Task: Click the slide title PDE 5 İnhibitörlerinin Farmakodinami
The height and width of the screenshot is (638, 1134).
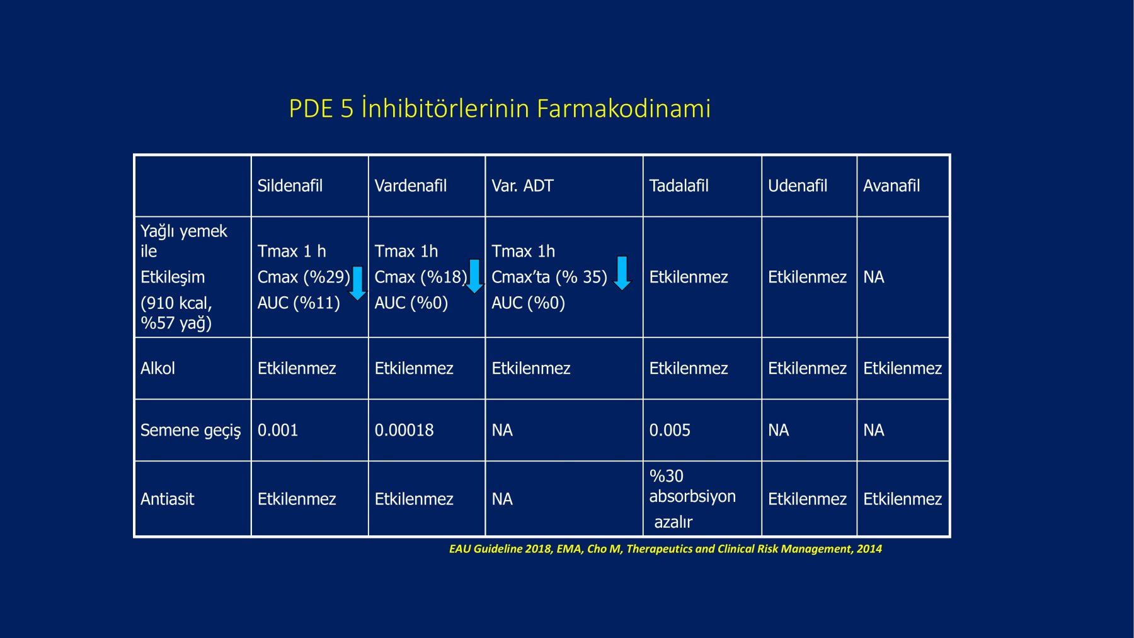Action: [x=500, y=108]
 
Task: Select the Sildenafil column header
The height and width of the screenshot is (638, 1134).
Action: [x=290, y=185]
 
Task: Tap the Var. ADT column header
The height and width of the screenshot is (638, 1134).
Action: [x=522, y=185]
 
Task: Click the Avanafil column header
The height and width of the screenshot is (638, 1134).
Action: [x=891, y=185]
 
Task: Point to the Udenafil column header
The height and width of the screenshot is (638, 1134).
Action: [x=798, y=185]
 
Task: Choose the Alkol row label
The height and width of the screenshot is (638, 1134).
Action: [x=157, y=368]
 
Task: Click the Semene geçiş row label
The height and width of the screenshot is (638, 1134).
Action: [x=190, y=431]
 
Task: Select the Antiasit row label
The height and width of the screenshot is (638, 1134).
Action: [x=167, y=499]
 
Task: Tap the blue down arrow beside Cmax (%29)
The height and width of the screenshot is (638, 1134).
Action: [x=357, y=282]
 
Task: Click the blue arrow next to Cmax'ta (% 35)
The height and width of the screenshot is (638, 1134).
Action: [x=622, y=273]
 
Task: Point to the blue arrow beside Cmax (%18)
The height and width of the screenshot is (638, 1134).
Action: [x=474, y=276]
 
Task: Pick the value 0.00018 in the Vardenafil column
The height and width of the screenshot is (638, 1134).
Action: [x=404, y=430]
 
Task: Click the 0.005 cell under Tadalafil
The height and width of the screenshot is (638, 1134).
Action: [x=670, y=430]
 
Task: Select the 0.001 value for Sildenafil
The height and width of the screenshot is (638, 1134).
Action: [x=277, y=430]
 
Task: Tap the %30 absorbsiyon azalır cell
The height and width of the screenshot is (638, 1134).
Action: [x=692, y=499]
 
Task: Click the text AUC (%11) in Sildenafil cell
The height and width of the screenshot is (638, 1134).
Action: [x=299, y=303]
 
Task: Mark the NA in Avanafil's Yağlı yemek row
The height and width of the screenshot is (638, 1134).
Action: [x=873, y=277]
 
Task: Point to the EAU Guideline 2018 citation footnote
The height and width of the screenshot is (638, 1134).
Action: [x=665, y=548]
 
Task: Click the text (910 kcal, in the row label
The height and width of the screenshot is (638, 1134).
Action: [x=176, y=303]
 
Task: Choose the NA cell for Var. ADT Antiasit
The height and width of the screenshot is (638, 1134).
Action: [x=502, y=499]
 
